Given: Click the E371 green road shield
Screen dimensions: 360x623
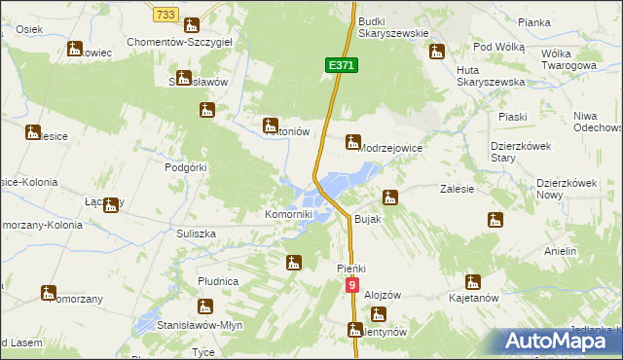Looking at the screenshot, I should (342, 64).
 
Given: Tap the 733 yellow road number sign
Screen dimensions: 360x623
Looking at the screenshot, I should (165, 15).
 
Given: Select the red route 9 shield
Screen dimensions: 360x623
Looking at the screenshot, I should (351, 285).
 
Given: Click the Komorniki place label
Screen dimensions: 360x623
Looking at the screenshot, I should (289, 214).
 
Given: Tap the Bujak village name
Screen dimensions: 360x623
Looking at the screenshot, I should (370, 220).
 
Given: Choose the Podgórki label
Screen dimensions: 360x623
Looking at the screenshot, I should (187, 167).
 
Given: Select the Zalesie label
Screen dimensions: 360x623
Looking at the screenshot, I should (457, 189).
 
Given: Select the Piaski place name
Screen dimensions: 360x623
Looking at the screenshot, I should (512, 117).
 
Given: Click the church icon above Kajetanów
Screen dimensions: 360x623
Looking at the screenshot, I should (473, 282).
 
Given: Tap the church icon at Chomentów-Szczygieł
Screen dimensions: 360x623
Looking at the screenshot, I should (192, 26).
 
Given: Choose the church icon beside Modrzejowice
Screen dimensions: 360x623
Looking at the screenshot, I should (352, 142).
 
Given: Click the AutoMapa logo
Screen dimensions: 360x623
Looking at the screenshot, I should (559, 340).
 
